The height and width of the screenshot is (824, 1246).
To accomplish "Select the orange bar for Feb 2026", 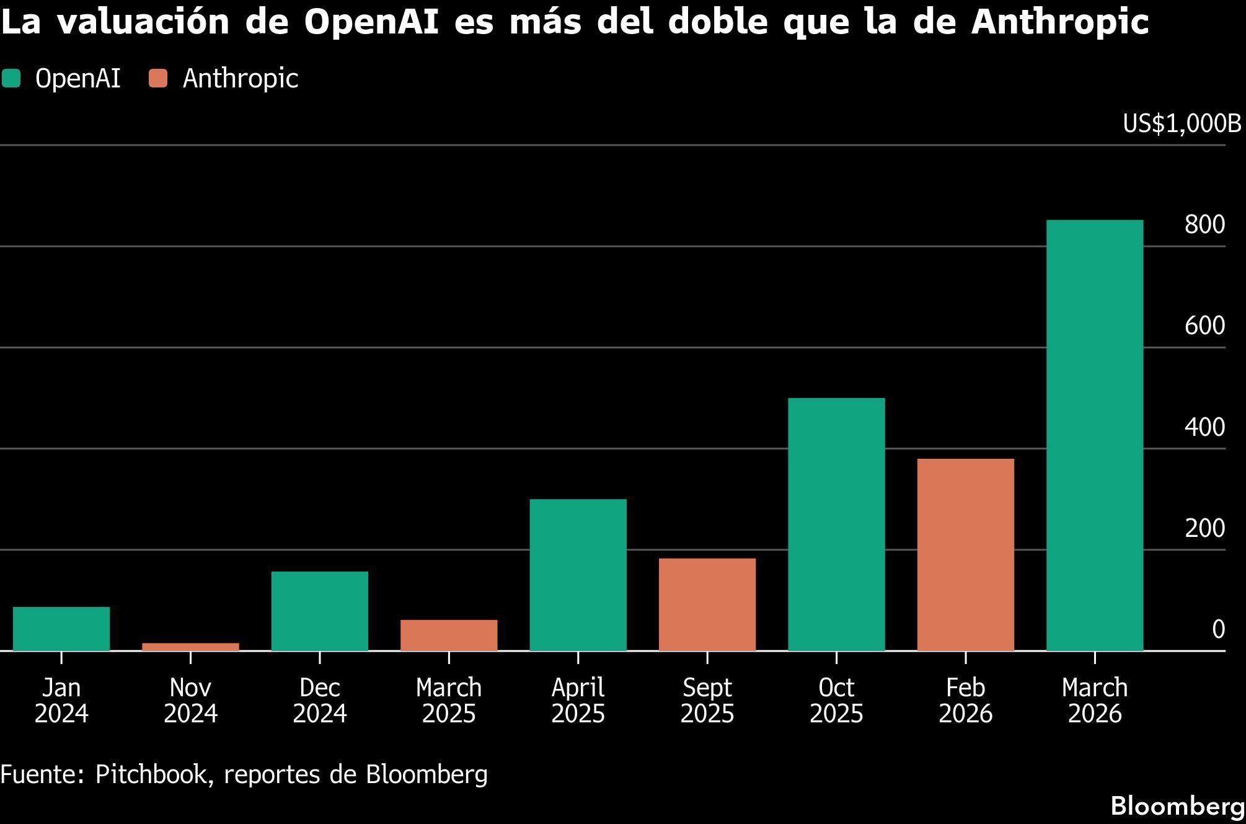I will pyautogui.click(x=965, y=555).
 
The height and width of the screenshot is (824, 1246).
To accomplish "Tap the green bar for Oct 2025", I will pyautogui.click(x=836, y=525).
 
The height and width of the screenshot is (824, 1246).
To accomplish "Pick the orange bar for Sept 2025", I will pyautogui.click(x=707, y=605).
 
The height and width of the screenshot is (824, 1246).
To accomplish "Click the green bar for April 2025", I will pyautogui.click(x=578, y=575).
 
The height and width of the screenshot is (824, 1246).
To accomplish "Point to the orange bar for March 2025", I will pyautogui.click(x=449, y=635).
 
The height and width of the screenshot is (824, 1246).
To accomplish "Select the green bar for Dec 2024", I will pyautogui.click(x=319, y=611).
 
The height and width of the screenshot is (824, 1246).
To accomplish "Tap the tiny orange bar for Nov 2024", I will pyautogui.click(x=190, y=647).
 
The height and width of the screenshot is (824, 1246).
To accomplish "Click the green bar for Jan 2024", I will pyautogui.click(x=61, y=629).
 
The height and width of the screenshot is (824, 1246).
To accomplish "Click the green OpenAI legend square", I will pyautogui.click(x=11, y=79).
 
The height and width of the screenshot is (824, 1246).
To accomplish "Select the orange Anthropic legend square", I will pyautogui.click(x=158, y=79).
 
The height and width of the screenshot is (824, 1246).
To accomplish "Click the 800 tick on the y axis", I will pyautogui.click(x=1204, y=224).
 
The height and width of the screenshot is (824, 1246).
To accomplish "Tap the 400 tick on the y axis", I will pyautogui.click(x=1204, y=427).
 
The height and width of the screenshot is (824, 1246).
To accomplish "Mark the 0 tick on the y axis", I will pyautogui.click(x=1218, y=629).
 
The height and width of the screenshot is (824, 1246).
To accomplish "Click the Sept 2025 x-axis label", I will pyautogui.click(x=707, y=701).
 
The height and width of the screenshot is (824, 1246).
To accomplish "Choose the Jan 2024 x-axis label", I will pyautogui.click(x=61, y=701).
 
